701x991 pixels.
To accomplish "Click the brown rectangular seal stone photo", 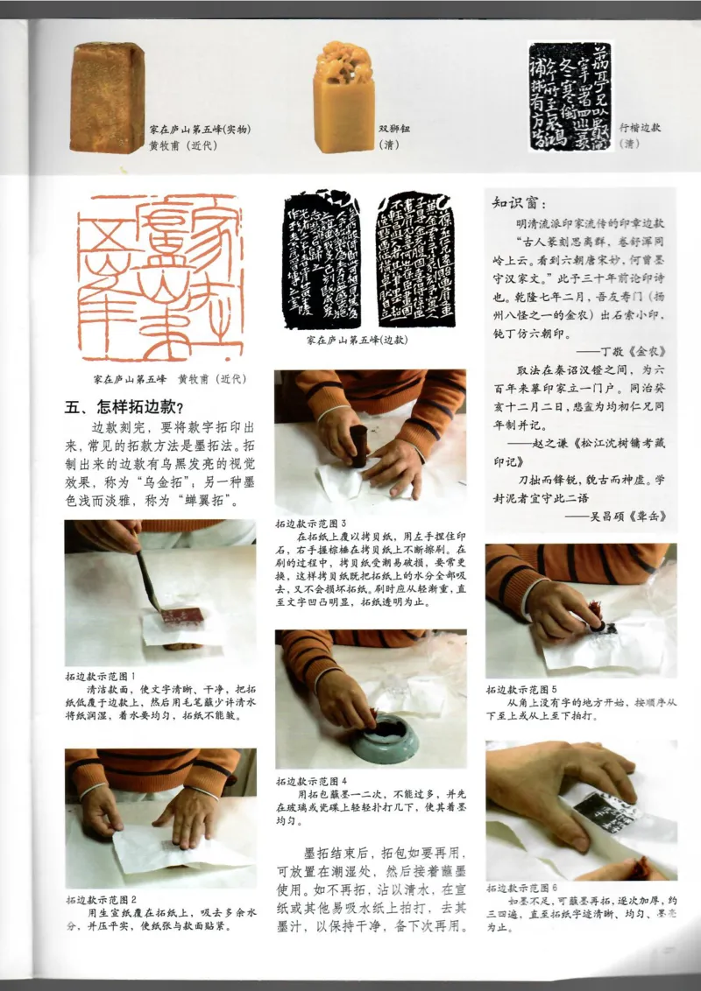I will pos(107,97).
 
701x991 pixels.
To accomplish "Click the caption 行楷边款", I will pos(640,127).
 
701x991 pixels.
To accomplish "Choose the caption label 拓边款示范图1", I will pos(100,677).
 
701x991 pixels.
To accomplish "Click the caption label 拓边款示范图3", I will pos(310,522).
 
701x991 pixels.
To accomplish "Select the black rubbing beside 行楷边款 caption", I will pos(570,97).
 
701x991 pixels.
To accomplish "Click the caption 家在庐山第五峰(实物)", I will pos(202,129).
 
